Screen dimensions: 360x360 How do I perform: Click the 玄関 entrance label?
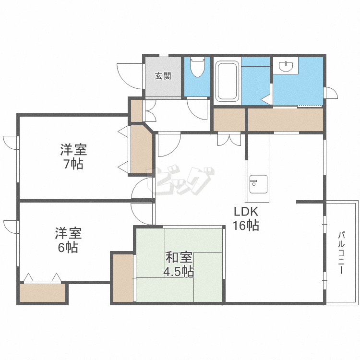click(163, 76)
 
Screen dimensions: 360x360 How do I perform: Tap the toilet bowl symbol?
click(197, 67)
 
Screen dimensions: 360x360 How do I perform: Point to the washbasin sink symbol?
click(286, 66)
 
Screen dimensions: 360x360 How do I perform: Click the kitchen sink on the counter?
click(258, 184)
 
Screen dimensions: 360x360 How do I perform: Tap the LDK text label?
click(246, 212)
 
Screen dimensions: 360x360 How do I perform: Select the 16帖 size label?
click(246, 225)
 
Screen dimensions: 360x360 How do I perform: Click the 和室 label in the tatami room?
click(179, 257)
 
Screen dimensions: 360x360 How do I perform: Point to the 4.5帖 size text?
click(179, 272)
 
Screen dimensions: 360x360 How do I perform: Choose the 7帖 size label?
click(73, 164)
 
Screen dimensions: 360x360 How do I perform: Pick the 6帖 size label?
click(68, 247)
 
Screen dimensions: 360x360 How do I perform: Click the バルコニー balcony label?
click(341, 253)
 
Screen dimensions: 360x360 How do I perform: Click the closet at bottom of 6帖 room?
click(42, 293)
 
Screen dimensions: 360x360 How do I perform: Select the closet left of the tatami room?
click(123, 278)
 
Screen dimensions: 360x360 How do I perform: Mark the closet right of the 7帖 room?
click(142, 150)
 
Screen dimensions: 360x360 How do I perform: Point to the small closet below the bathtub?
click(229, 120)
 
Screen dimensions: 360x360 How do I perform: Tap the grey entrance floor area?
click(163, 77)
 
